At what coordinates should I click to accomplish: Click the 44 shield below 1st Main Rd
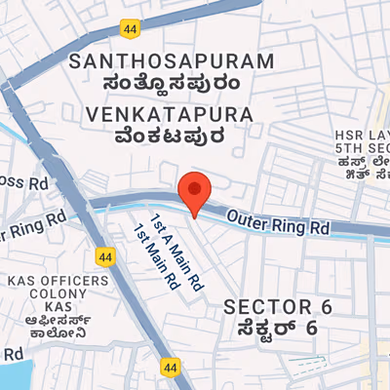point(171,368)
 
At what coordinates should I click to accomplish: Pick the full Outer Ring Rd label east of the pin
point(281,222)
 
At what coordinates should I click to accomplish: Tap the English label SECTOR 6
point(279,307)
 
